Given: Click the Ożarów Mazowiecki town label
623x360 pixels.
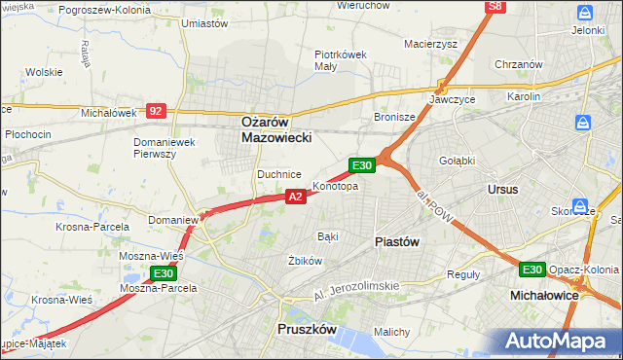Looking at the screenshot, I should (276, 130).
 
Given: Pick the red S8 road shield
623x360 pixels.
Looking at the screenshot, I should (496, 7).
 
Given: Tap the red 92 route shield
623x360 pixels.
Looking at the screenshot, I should (157, 111).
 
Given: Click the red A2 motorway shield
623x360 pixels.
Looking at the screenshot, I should (297, 197).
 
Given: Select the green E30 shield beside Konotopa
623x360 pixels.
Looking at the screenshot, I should (362, 165).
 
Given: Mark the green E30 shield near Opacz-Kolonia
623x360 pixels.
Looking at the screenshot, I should (531, 270).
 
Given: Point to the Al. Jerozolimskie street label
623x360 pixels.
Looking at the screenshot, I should (357, 285).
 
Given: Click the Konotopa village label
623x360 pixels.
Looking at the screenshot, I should (335, 186).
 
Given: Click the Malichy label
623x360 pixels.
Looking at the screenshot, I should (391, 332).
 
